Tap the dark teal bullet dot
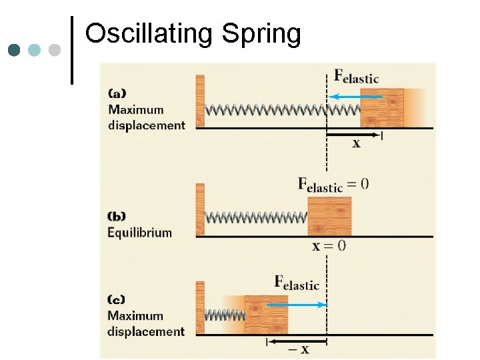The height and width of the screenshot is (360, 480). pyautogui.click(x=14, y=50)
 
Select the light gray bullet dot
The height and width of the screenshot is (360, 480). pyautogui.click(x=55, y=50)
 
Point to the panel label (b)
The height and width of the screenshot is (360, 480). pyautogui.click(x=117, y=217)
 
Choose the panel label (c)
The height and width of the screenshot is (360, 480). pyautogui.click(x=117, y=300)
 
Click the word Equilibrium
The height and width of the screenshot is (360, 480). pyautogui.click(x=139, y=233)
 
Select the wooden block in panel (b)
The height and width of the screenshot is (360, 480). pyautogui.click(x=329, y=216)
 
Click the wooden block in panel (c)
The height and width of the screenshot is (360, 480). pyautogui.click(x=266, y=314)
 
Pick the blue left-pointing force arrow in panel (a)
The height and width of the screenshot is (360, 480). pyautogui.click(x=356, y=97)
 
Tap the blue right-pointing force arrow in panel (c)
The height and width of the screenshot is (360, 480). pyautogui.click(x=296, y=305)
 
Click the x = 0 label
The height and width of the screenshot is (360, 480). pyautogui.click(x=329, y=246)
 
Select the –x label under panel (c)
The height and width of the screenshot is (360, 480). pyautogui.click(x=299, y=349)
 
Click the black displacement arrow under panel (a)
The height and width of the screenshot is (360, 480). pyautogui.click(x=353, y=135)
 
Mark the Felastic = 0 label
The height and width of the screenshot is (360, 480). pyautogui.click(x=332, y=185)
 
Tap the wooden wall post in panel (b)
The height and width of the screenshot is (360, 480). pyautogui.click(x=200, y=210)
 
